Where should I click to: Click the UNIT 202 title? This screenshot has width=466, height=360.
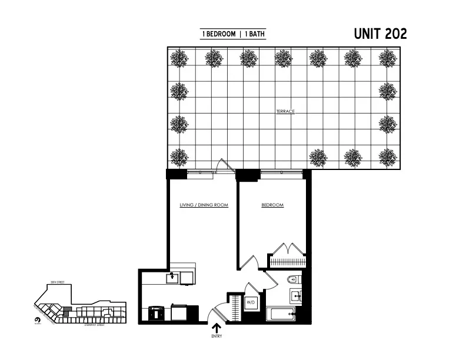380,34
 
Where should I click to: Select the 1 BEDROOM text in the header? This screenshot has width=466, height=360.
218,34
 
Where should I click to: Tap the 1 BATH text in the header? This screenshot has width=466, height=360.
254,34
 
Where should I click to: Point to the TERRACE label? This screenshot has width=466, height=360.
285,111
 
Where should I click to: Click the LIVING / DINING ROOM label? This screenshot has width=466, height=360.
204,205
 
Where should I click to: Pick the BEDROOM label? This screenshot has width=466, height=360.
272,205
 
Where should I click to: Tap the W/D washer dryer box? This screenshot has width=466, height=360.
251,303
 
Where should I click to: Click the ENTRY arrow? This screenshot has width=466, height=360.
217,327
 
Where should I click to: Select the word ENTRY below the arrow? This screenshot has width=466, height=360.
217,337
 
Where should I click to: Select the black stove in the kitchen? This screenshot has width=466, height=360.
157,313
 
